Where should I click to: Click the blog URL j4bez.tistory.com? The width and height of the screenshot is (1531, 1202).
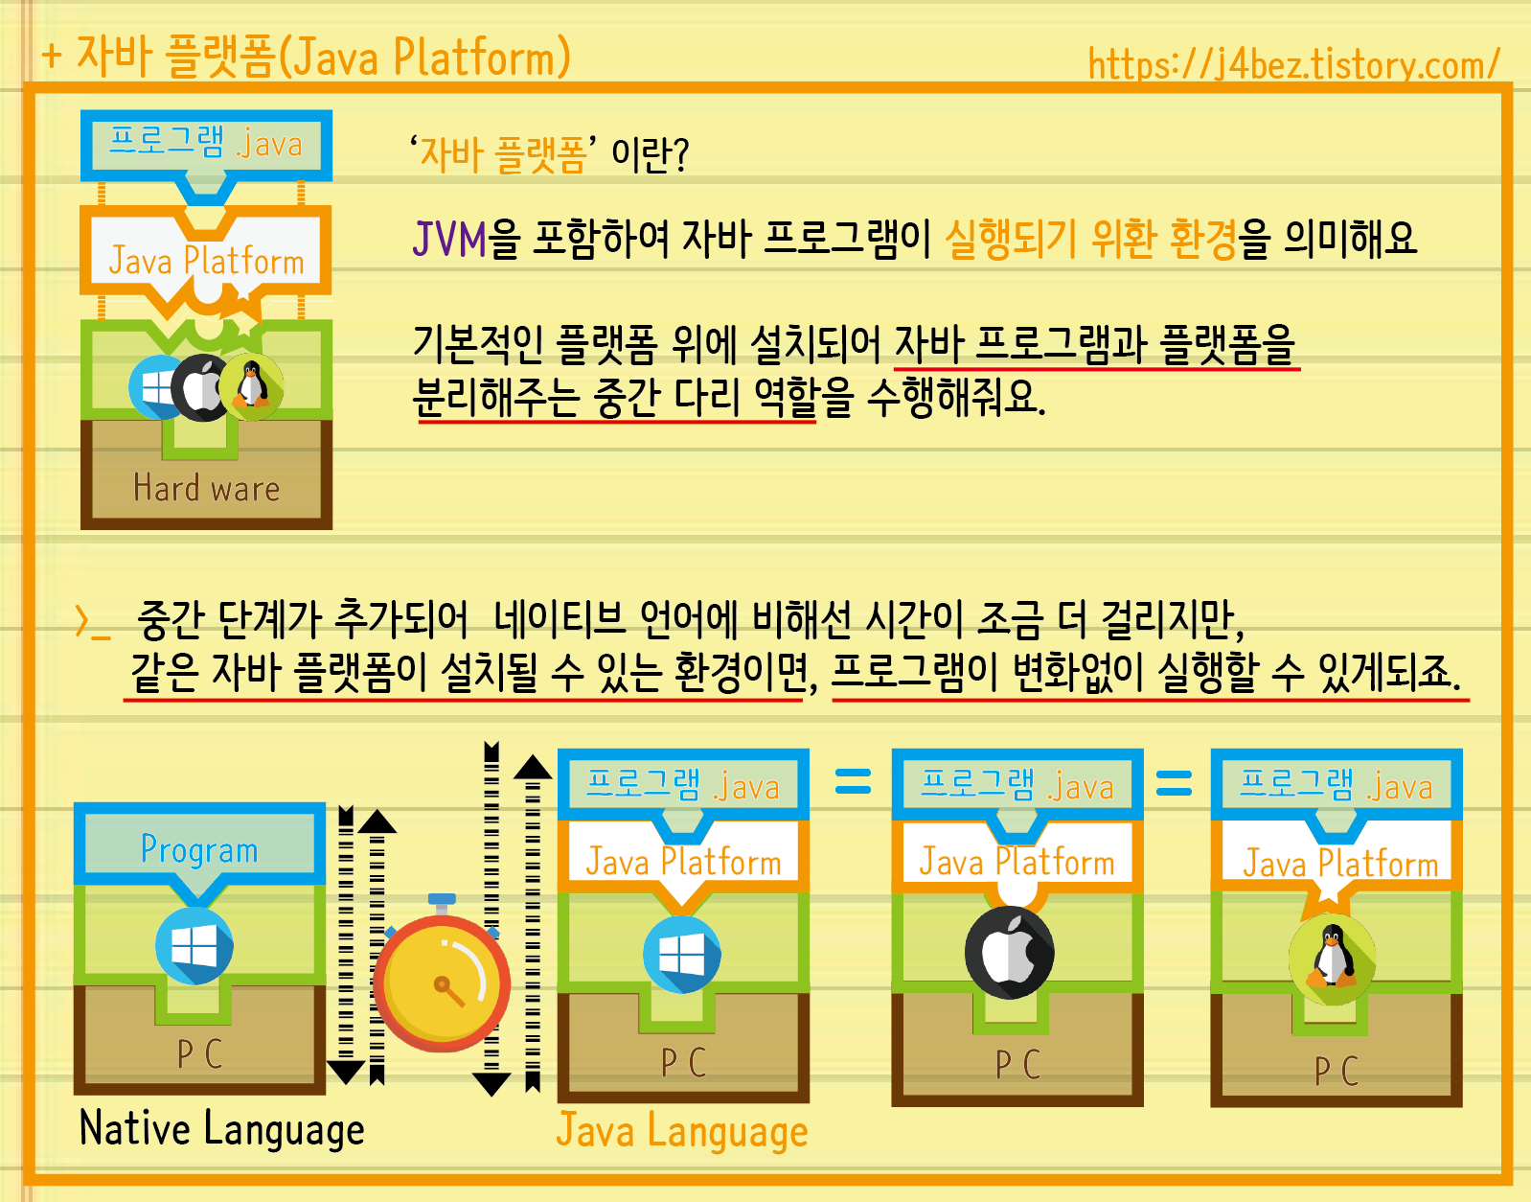click(x=1293, y=65)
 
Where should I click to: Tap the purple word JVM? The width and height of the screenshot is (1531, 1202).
click(x=449, y=239)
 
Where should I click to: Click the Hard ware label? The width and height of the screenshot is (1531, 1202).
click(x=207, y=488)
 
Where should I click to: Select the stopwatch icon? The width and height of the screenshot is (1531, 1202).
click(x=442, y=981)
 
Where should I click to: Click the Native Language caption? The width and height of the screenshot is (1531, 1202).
click(x=222, y=1128)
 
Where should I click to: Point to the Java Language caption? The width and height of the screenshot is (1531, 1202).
click(x=682, y=1130)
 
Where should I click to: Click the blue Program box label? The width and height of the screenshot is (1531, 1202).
click(x=199, y=849)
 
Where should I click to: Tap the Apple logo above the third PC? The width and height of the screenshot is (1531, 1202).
click(x=1010, y=953)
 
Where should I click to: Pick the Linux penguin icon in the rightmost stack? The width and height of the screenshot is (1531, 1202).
click(x=1332, y=958)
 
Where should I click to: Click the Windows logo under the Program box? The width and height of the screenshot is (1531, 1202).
click(x=194, y=947)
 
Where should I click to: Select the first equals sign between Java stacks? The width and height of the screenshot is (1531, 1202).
click(x=853, y=782)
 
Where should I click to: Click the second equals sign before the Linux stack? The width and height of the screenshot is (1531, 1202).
click(x=1174, y=784)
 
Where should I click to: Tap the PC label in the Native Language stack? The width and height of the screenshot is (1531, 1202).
click(x=199, y=1054)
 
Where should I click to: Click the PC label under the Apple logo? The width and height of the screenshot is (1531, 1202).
click(x=1017, y=1065)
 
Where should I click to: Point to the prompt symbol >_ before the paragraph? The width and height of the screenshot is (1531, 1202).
click(x=93, y=623)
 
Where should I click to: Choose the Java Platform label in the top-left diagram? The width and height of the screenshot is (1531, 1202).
click(x=206, y=261)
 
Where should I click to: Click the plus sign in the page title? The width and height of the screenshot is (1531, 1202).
click(x=52, y=56)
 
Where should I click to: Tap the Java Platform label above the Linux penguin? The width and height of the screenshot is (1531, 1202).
click(x=1339, y=864)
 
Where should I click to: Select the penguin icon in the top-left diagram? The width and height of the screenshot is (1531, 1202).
click(x=252, y=385)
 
